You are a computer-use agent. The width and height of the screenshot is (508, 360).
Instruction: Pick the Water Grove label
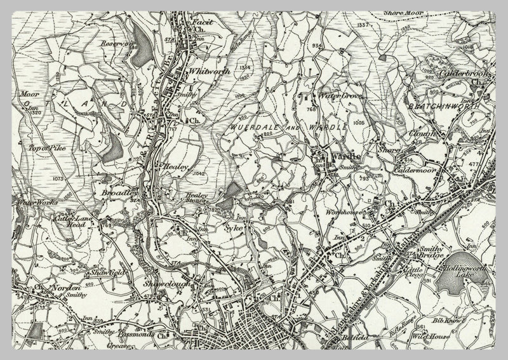point(335,97)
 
